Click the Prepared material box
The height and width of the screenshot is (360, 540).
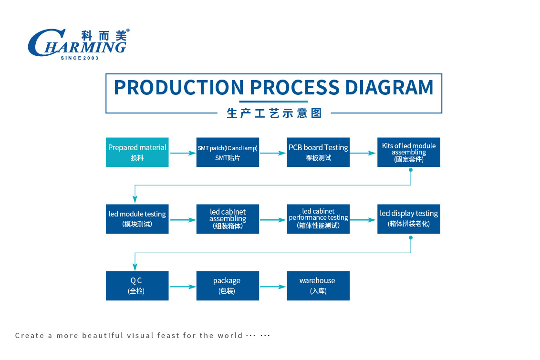(x=137, y=152)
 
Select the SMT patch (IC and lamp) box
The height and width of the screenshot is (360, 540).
(x=228, y=152)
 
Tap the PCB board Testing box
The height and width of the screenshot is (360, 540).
(x=318, y=152)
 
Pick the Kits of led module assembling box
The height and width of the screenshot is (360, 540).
(x=408, y=152)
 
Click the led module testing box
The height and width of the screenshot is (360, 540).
(x=137, y=219)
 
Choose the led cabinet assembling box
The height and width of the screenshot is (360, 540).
(x=228, y=219)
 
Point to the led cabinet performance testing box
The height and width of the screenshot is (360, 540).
(x=318, y=219)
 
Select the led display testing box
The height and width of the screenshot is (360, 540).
(x=408, y=219)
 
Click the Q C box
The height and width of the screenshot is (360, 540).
(x=137, y=286)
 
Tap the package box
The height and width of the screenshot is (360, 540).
(x=228, y=286)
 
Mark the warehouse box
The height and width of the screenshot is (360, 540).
(x=318, y=286)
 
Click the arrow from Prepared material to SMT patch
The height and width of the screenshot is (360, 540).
(x=183, y=153)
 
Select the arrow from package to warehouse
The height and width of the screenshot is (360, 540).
(x=273, y=287)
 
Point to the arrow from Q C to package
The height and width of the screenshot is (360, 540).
(x=183, y=287)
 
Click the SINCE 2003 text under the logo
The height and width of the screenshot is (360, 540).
(x=80, y=58)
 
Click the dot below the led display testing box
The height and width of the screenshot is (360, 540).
(x=411, y=237)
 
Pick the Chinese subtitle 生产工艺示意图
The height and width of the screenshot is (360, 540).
(x=274, y=113)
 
